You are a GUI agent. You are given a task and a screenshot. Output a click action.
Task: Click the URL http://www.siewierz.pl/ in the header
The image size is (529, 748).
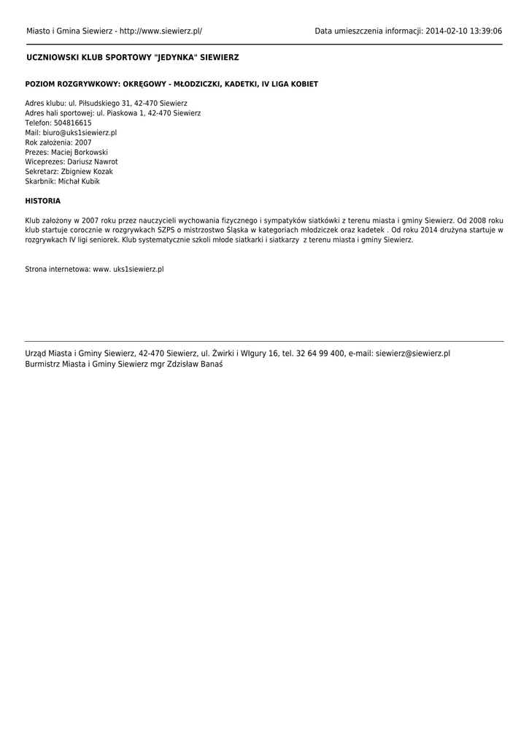(161, 31)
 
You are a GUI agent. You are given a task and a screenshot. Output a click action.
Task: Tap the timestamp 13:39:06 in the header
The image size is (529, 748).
(485, 31)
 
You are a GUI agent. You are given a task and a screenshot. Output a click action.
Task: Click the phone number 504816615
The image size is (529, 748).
(73, 123)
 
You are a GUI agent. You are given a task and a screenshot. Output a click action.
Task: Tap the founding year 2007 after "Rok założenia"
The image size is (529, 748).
(83, 142)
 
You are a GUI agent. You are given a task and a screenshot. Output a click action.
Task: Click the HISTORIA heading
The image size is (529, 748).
(43, 201)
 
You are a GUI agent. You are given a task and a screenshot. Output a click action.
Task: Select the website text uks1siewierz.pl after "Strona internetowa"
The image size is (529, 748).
(139, 269)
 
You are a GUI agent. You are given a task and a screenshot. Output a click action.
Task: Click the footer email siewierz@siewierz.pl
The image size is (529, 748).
(413, 354)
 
